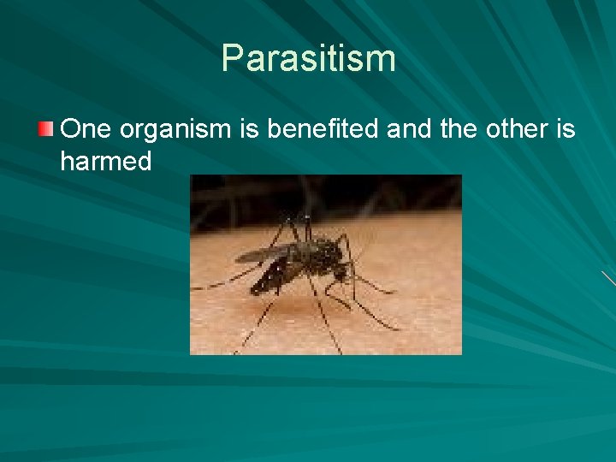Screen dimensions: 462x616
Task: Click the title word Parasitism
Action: pyautogui.click(x=308, y=58)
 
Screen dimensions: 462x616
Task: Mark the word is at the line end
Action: pyautogui.click(x=565, y=129)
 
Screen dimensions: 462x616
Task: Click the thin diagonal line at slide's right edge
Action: pyautogui.click(x=607, y=279)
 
